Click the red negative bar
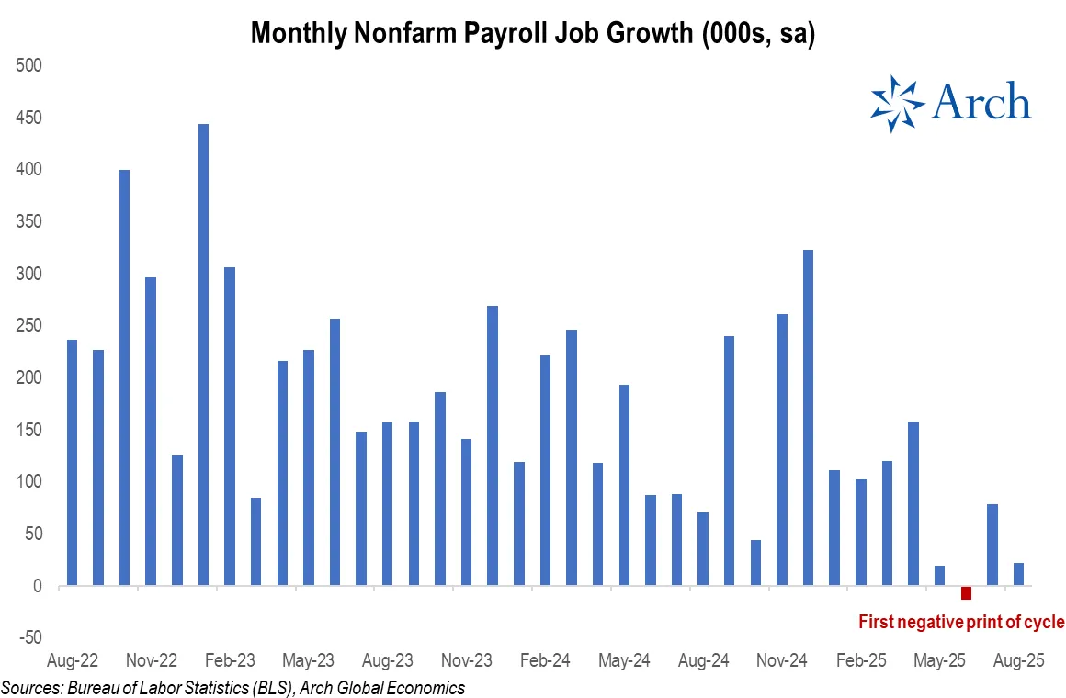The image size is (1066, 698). (966, 592)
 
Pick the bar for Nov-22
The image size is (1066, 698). (151, 432)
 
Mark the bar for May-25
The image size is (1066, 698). (939, 576)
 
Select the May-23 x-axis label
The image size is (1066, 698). (309, 660)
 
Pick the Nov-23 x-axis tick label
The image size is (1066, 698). (467, 660)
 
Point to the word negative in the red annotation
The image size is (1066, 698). (930, 623)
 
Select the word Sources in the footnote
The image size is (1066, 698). (31, 687)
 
